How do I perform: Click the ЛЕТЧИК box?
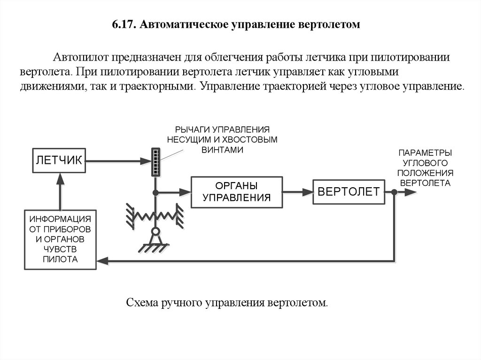click(x=58, y=160)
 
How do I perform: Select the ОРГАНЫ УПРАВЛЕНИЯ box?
click(x=237, y=192)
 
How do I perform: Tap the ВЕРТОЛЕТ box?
click(x=349, y=192)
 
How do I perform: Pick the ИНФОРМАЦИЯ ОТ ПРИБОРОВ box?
click(x=60, y=239)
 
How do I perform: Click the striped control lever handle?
click(x=155, y=162)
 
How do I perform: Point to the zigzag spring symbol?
click(x=155, y=215)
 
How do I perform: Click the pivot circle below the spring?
click(x=155, y=232)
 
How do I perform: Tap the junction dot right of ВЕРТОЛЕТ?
click(x=395, y=192)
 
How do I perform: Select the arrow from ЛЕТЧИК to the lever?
click(x=117, y=161)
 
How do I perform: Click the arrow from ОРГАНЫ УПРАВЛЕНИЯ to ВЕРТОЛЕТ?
click(x=298, y=192)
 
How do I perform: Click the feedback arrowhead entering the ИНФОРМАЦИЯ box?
click(x=102, y=260)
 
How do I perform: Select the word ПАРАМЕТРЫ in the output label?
click(x=425, y=153)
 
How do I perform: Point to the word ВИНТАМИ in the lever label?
click(x=222, y=150)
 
